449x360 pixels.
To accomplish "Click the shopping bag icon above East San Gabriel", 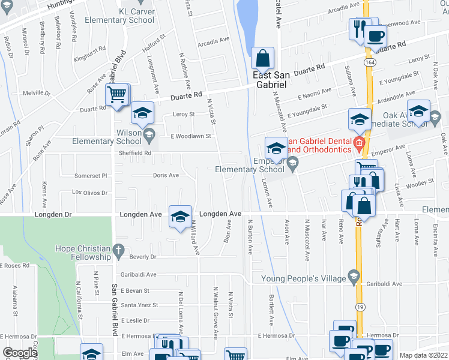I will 263,58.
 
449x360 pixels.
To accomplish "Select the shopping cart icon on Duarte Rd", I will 117,94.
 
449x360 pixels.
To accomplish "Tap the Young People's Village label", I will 303,278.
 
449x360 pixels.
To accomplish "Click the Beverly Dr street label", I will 142,257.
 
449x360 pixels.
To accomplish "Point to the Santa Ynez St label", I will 140,305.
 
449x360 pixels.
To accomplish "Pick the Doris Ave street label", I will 166,176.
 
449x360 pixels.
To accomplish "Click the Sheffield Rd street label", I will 134,153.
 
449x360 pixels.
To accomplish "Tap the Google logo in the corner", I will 19,353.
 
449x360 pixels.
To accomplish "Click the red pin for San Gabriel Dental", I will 358,143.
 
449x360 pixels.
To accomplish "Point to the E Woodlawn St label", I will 189,136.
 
